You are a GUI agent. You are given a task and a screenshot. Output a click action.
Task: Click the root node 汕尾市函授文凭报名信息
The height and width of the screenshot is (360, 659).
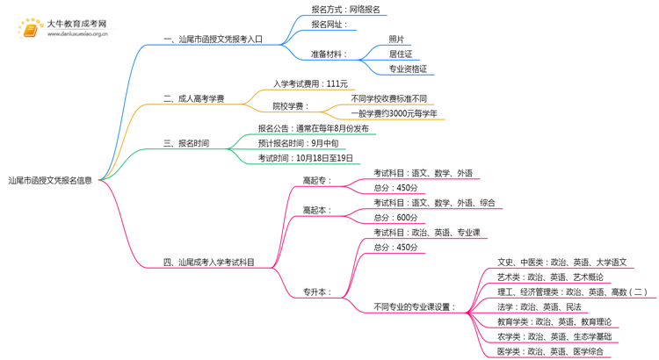coord(50,181)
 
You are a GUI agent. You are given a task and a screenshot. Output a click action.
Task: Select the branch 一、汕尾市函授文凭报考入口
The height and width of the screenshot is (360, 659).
coord(214,40)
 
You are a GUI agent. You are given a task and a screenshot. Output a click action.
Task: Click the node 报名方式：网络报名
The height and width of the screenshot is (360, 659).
coord(345,10)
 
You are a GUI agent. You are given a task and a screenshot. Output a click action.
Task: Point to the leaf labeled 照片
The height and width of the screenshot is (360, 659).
coord(396,40)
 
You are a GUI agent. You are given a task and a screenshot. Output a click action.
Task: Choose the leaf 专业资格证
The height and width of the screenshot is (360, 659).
coord(408,69)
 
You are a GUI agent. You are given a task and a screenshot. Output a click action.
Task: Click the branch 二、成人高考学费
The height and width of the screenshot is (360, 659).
coord(194,98)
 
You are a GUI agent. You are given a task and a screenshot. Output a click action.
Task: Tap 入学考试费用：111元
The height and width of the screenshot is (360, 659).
coord(310,84)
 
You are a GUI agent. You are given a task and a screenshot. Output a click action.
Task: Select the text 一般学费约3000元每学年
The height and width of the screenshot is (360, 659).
coord(394,114)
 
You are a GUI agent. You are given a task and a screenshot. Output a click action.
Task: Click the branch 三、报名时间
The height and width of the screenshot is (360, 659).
coord(186,143)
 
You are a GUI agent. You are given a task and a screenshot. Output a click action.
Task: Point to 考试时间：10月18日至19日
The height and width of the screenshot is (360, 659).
coord(306,158)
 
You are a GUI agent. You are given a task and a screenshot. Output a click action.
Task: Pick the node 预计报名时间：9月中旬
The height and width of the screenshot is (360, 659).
coord(298,143)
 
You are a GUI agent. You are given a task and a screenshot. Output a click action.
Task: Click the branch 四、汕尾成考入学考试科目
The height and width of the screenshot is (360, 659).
coord(209,263)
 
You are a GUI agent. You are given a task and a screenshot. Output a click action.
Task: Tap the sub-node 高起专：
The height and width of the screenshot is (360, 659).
coord(317,181)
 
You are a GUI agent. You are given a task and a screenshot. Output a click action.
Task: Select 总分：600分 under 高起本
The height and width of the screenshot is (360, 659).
coord(395,218)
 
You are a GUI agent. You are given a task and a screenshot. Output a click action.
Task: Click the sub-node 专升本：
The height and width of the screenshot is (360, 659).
coord(317,292)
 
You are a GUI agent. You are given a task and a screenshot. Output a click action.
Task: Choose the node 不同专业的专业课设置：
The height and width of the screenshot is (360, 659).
coord(415,307)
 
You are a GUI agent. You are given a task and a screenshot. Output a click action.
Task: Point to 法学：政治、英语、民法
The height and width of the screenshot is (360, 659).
coord(540,307)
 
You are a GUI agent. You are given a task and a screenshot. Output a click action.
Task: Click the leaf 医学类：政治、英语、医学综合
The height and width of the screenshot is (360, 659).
coord(550,351)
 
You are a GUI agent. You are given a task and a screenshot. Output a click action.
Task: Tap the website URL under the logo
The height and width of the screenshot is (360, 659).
coord(77,34)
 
